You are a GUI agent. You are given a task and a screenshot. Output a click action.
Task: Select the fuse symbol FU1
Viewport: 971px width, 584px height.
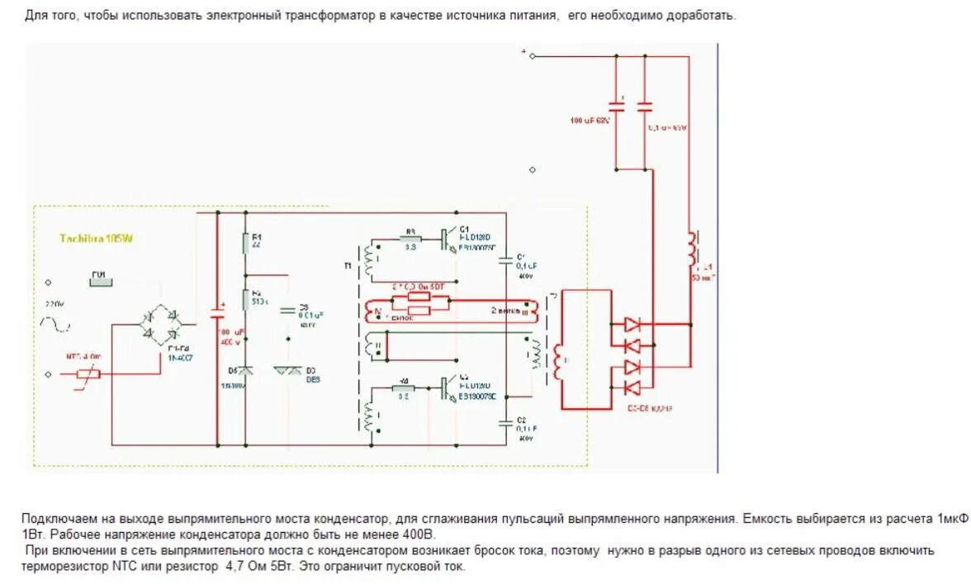coord(99,278)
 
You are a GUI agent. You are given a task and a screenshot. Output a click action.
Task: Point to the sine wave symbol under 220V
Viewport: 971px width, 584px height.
coord(54,325)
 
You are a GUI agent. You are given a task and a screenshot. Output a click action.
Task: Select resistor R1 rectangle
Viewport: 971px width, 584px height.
coord(245,243)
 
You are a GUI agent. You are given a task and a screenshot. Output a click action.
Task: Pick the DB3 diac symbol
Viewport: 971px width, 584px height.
coord(288,372)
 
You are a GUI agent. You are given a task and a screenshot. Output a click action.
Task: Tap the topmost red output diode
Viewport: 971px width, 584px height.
coord(632,325)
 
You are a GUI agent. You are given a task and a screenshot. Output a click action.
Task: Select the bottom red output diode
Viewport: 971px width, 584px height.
coord(632,387)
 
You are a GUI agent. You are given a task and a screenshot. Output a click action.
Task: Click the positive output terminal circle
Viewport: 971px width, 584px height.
coord(533,56)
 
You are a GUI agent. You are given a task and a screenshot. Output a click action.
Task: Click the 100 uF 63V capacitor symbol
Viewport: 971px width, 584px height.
coord(617,106)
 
